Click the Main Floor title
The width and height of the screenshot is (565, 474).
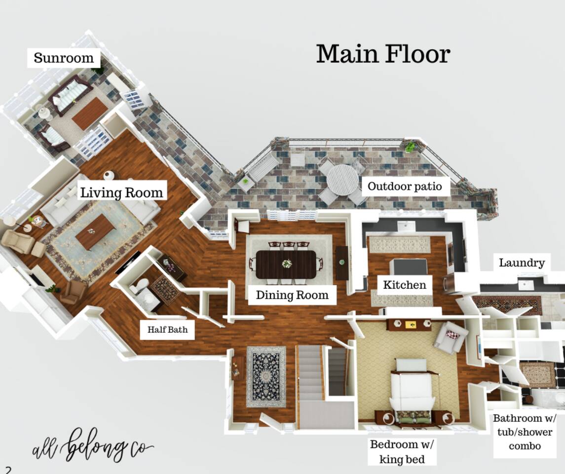click(x=383, y=54)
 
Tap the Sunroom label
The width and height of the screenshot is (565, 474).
click(x=64, y=58)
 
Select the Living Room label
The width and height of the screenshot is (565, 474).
click(x=122, y=193)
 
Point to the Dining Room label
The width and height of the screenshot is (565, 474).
click(x=292, y=295)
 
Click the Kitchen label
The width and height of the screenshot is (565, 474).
click(x=404, y=285)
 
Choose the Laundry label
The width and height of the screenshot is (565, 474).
click(x=522, y=263)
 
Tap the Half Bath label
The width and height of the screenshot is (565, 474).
click(x=168, y=329)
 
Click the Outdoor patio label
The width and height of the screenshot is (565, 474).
click(x=405, y=186)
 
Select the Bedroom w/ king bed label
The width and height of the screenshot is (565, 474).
click(x=402, y=452)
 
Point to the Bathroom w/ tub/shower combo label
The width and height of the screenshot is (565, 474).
click(x=525, y=432)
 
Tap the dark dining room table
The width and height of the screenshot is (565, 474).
click(x=286, y=264)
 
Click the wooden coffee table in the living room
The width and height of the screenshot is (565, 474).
click(x=95, y=232)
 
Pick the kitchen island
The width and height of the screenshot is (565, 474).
click(x=410, y=272)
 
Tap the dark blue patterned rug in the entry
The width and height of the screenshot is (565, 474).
click(x=266, y=377)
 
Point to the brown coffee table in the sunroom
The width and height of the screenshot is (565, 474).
click(x=90, y=113)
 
